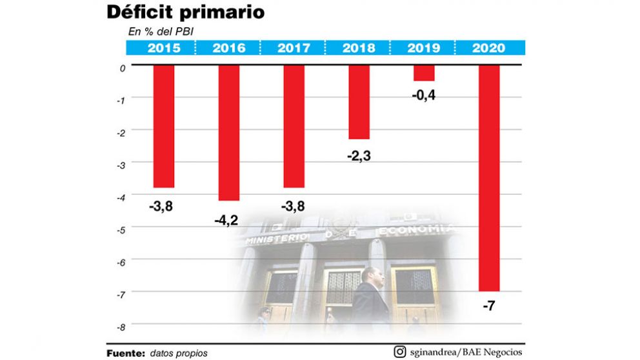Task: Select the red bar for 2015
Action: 164,126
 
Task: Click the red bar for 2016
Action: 229,132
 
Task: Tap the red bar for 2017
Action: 294,126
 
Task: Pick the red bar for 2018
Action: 359,102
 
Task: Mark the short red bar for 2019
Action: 424,72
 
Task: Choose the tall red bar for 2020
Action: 489,177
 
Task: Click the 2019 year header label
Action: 424,48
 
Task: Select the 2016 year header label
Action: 229,48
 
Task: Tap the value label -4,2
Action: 226,221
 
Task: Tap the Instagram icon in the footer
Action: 400,352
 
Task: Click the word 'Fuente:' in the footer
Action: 125,353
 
